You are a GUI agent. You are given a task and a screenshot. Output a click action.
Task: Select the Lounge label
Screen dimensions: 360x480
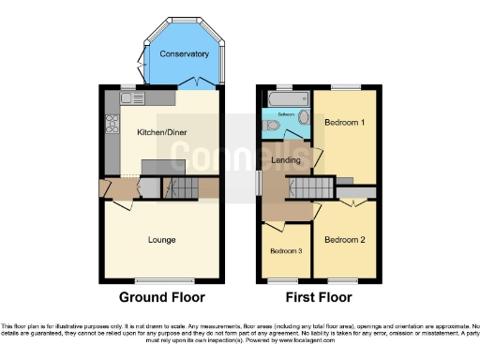coord(162,239)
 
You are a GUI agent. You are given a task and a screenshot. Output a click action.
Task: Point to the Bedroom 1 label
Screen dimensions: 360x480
coord(345,123)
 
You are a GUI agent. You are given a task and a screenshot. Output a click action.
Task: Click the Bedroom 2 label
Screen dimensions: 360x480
coord(344,239)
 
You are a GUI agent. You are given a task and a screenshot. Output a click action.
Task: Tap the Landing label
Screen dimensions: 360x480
coord(286,160)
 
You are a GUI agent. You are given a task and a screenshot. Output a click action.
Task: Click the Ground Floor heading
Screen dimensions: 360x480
coord(162,298)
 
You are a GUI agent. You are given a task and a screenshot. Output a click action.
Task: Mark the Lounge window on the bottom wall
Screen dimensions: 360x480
coord(162,281)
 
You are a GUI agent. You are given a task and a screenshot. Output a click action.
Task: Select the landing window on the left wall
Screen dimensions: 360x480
coord(259,182)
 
